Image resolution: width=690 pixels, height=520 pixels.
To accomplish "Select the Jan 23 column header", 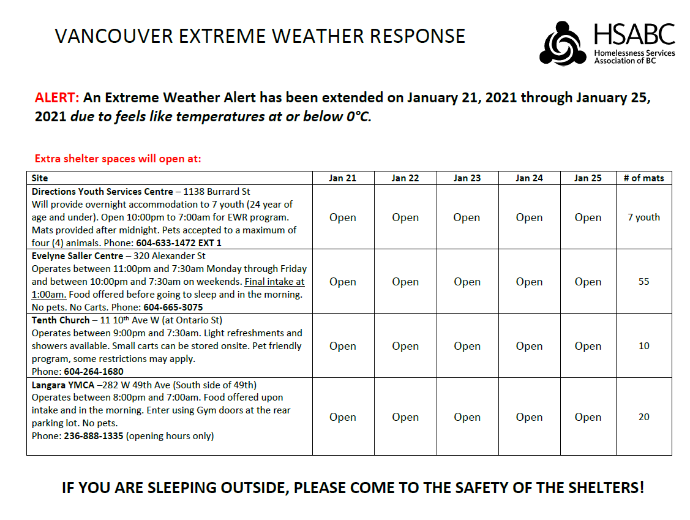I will pyautogui.click(x=467, y=178).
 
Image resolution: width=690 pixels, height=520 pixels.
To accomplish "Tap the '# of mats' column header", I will pyautogui.click(x=643, y=178).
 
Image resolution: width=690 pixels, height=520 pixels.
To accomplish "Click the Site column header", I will pyautogui.click(x=40, y=178).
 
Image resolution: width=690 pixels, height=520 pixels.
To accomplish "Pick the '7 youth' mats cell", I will pyautogui.click(x=643, y=217).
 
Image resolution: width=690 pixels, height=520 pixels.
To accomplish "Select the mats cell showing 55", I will pyautogui.click(x=643, y=282).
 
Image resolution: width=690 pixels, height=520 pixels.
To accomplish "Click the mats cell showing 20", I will pyautogui.click(x=643, y=417).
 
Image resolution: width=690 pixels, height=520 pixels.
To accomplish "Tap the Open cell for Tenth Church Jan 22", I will pyautogui.click(x=405, y=346).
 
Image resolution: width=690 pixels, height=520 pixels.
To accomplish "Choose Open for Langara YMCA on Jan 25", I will pyautogui.click(x=588, y=417).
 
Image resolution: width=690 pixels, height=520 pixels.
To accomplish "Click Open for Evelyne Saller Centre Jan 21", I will pyautogui.click(x=343, y=282).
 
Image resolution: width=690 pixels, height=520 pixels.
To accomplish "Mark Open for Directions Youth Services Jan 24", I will pyautogui.click(x=529, y=217).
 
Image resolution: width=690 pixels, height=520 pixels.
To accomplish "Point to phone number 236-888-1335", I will pyautogui.click(x=94, y=436).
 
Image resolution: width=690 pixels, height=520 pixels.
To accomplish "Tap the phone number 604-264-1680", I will pyautogui.click(x=94, y=372).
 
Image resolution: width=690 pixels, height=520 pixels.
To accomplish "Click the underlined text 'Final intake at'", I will pyautogui.click(x=274, y=282).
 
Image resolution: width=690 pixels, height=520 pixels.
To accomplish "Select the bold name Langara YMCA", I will pyautogui.click(x=63, y=385).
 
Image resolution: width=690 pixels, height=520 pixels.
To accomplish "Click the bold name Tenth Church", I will pyautogui.click(x=61, y=320).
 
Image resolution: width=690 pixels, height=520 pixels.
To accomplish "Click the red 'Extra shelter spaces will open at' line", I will pyautogui.click(x=118, y=159).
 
